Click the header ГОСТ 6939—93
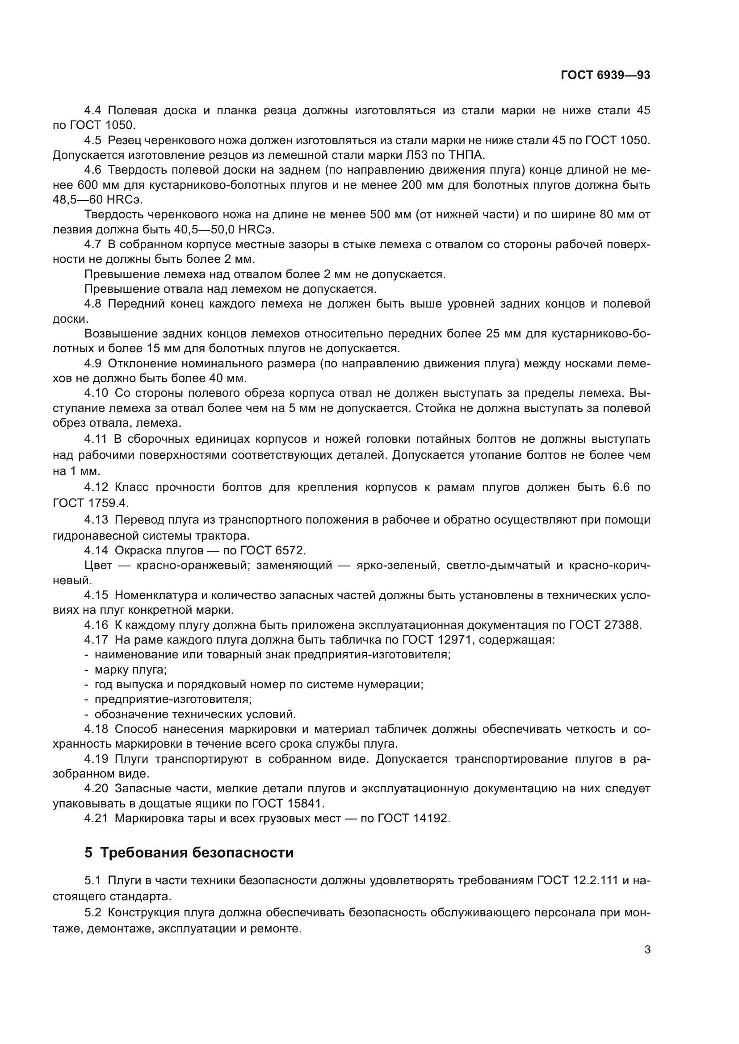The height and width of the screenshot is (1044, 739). tap(605, 75)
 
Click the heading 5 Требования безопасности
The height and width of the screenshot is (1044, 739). tap(189, 852)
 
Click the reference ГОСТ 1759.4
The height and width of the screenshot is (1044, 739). tap(91, 503)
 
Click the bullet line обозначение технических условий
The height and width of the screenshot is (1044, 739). tap(195, 714)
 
